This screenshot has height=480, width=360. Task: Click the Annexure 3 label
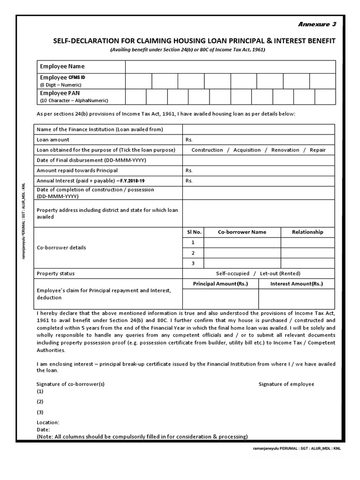click(x=317, y=24)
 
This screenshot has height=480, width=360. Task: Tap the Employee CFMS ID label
click(x=63, y=77)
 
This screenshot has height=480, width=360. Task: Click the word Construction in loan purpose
click(x=207, y=150)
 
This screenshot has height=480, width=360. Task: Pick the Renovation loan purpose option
click(x=285, y=150)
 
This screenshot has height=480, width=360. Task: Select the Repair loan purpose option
click(x=317, y=150)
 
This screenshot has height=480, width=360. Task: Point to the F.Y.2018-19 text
click(x=132, y=181)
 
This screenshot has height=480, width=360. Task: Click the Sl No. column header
click(x=193, y=232)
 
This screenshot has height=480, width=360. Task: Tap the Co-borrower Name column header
click(x=242, y=232)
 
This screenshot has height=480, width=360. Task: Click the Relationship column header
click(x=307, y=232)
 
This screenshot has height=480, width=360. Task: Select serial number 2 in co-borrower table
click(x=193, y=253)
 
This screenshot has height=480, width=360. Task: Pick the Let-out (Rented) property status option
click(x=280, y=273)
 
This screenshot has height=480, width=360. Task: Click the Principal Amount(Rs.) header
click(x=220, y=284)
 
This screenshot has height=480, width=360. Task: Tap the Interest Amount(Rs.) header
click(x=296, y=284)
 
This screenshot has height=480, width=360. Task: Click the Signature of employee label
click(x=286, y=384)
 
